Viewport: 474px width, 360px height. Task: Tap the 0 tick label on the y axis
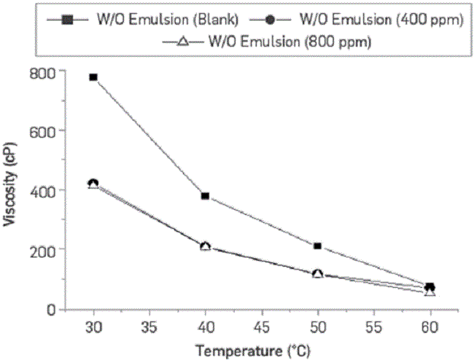51,308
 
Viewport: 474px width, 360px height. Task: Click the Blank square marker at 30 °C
93,77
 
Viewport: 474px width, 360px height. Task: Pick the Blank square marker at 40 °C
206,196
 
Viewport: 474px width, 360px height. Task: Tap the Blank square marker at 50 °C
318,246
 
